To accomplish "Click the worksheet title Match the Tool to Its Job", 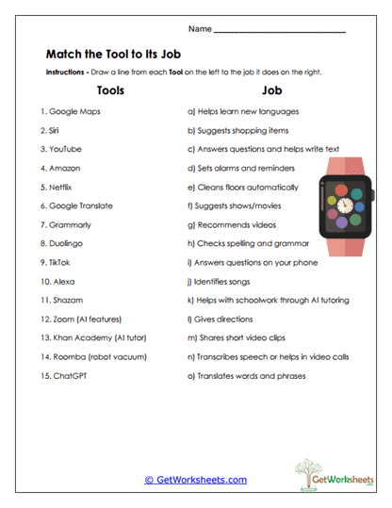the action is pyautogui.click(x=121, y=54).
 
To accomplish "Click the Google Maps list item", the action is pyautogui.click(x=71, y=110).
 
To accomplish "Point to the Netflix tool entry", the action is pyautogui.click(x=58, y=187).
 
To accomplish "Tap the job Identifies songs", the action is pyautogui.click(x=224, y=281).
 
